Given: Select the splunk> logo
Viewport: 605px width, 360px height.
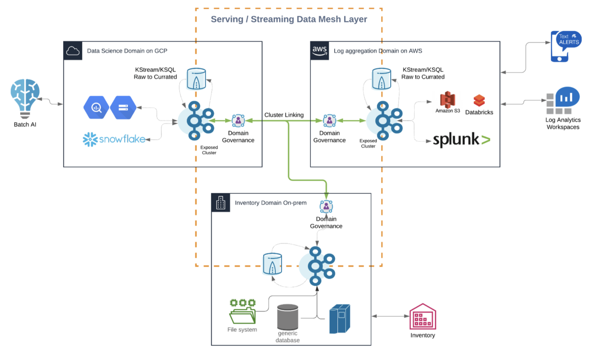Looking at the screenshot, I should tap(461, 139).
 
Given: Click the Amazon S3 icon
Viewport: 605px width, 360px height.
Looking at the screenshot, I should tap(447, 100).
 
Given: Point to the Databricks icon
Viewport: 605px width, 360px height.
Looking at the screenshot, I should tap(479, 100).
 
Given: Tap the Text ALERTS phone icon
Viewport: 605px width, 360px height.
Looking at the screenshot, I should tap(565, 46).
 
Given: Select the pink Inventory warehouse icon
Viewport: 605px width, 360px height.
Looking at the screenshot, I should tap(422, 316).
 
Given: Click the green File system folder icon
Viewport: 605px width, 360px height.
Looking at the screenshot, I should tap(242, 311).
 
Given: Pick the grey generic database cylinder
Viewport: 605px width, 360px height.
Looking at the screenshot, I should tap(288, 317).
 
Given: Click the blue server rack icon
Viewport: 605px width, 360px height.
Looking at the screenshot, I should tap(339, 318).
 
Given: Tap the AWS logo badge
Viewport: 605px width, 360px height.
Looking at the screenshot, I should tap(319, 50).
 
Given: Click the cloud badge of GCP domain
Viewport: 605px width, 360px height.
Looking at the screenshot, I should tap(72, 50).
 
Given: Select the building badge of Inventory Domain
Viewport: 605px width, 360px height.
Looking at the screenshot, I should tap(220, 202).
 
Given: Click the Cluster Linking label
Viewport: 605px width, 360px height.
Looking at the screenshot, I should tap(284, 115).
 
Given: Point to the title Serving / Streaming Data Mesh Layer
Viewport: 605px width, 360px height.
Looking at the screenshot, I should tap(289, 19).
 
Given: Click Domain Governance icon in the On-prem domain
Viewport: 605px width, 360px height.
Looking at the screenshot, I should tap(326, 206).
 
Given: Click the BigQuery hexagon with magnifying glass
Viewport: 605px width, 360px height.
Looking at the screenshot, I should tap(96, 108).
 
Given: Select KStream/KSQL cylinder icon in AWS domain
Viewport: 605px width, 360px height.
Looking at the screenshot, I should tap(381, 79).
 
